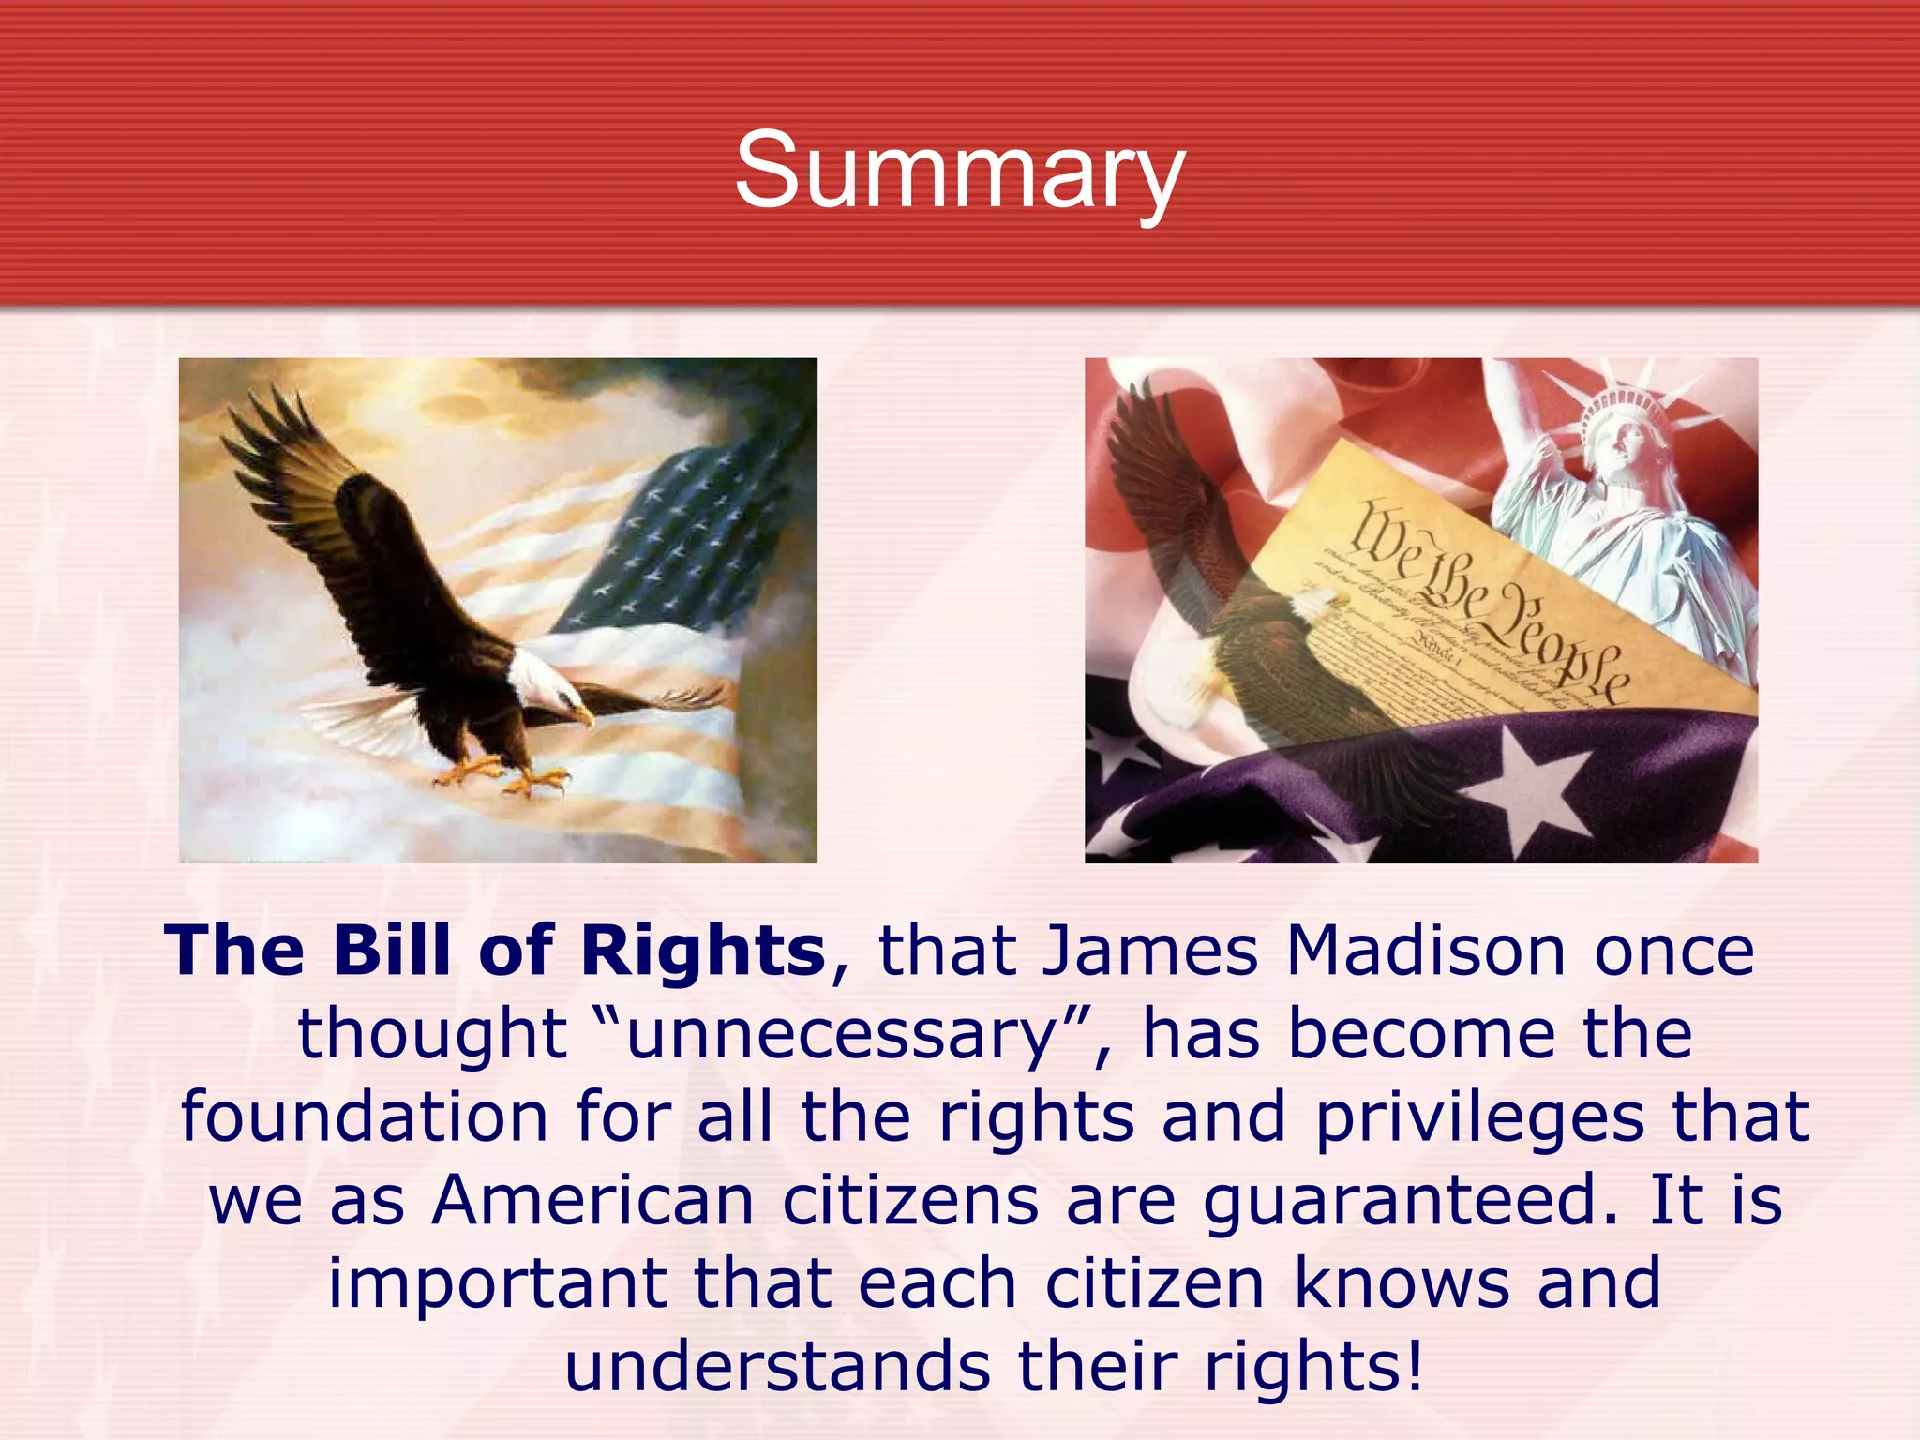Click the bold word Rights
(x=702, y=952)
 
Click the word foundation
(x=364, y=1117)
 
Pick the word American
(x=592, y=1202)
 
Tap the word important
(x=497, y=1285)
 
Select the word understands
(x=776, y=1367)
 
